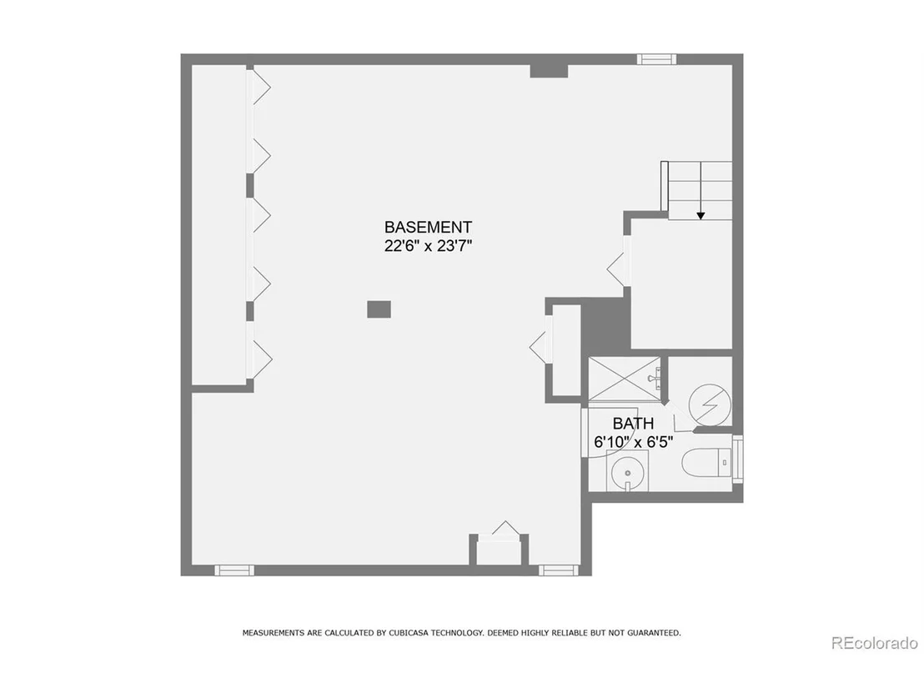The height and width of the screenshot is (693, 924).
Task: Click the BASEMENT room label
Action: click(428, 227)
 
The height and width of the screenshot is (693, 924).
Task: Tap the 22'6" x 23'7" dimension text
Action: click(428, 246)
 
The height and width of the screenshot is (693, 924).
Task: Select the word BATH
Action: click(633, 423)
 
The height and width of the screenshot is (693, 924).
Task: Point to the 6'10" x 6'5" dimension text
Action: click(633, 442)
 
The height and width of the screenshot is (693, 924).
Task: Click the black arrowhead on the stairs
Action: click(701, 216)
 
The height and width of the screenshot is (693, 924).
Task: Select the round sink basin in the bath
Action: click(627, 472)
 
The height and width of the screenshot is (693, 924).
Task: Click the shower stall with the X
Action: click(625, 379)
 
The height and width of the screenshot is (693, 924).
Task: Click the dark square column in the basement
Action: click(379, 309)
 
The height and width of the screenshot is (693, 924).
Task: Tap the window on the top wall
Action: click(656, 59)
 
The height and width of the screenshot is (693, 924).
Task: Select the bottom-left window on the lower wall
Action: click(234, 570)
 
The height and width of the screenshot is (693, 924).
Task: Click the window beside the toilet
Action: click(737, 459)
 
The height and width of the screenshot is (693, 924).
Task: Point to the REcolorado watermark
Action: click(875, 643)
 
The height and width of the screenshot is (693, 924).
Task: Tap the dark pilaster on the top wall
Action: click(549, 71)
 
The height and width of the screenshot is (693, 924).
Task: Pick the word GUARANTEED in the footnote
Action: click(654, 633)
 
